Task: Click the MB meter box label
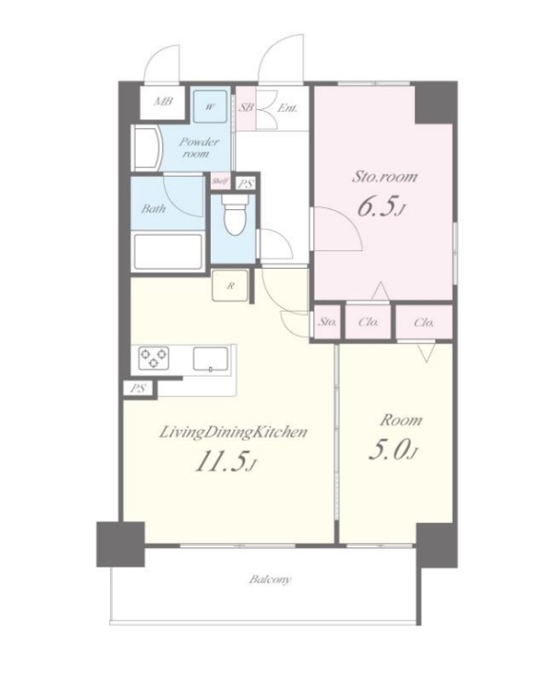coord(163,102)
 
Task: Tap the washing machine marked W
coord(211,105)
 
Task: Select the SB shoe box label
coord(247,107)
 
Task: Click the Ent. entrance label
coord(288,108)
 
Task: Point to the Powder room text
coord(198,148)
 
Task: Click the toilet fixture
coord(234,216)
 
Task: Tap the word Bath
coord(154,208)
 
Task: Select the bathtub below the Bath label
coord(168,251)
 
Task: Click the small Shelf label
coord(220,181)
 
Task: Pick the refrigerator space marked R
coord(230,285)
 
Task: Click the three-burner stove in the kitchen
coord(154,358)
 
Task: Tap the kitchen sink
coord(210,359)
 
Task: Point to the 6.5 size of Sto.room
coord(381,207)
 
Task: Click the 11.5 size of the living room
coord(225,462)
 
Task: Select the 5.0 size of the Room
coord(393,450)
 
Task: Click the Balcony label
coord(270,580)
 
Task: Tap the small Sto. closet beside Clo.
coord(327,322)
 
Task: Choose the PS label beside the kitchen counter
coord(138,389)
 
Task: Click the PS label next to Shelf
coord(245,183)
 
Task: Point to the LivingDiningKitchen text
coord(233,432)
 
